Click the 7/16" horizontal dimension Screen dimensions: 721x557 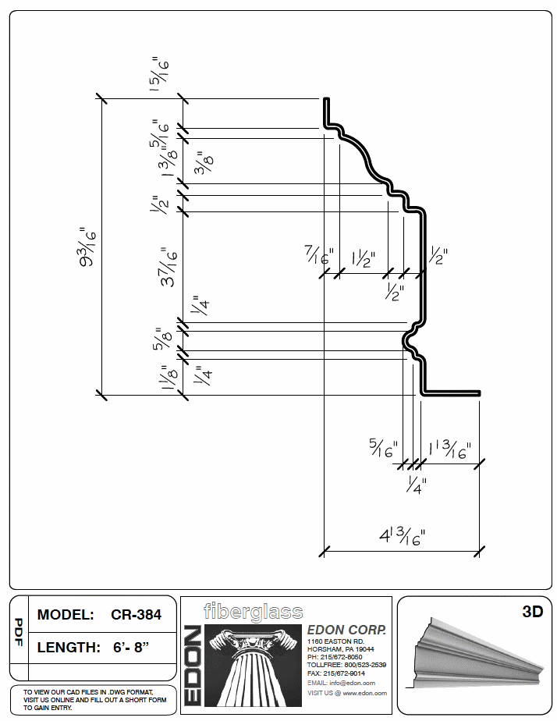319,255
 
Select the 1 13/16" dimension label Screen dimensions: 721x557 449,450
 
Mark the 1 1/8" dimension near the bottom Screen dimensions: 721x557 165,378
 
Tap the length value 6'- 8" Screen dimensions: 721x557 131,647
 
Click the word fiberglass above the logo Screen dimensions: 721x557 253,611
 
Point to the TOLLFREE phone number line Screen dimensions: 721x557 345,665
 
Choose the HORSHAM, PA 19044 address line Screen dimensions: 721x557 340,648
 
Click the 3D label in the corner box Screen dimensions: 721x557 531,612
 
